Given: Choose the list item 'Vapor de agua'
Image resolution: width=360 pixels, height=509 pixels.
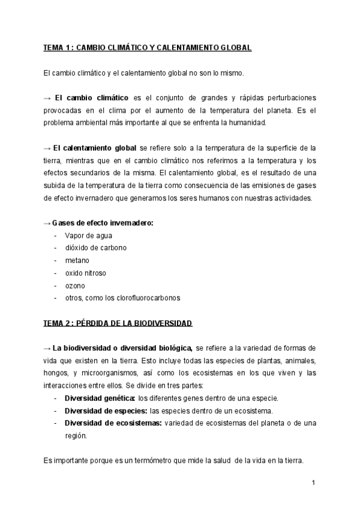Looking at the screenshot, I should click(x=89, y=235).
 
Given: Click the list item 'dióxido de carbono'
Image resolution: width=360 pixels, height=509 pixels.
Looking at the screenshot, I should click(x=96, y=248).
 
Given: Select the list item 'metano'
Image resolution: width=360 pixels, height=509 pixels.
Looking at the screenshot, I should click(x=77, y=261).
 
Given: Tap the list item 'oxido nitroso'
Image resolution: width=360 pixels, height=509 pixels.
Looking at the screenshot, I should click(x=86, y=273).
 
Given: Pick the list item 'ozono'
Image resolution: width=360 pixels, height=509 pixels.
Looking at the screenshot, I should click(x=76, y=286).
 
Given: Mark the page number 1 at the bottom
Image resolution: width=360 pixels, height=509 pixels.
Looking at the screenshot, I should click(x=314, y=483).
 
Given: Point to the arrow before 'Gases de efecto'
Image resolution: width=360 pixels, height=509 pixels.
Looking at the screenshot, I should click(x=47, y=223).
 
